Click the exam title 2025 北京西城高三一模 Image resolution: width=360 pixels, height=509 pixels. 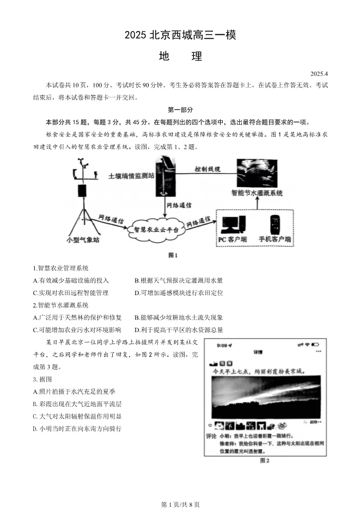[180, 35]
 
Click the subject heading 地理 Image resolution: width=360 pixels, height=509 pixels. [180, 56]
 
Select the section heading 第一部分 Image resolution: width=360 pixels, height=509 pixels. [180, 109]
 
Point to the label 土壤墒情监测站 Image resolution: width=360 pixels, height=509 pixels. [131, 176]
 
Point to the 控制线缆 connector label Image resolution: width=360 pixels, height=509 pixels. [208, 169]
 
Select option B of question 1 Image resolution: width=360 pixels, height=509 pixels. [178, 280]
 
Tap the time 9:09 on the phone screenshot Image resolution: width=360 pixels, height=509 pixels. [224, 345]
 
